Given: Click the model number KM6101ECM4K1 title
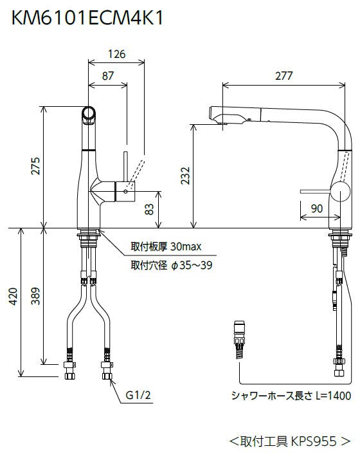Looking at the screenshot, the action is tap(87, 18).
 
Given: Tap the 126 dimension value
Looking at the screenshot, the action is tap(116, 54).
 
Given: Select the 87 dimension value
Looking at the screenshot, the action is tap(108, 76).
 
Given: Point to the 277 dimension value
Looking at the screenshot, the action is tap(283, 76).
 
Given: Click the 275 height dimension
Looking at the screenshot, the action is tap(36, 166).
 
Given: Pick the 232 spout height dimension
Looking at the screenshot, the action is tap(185, 176).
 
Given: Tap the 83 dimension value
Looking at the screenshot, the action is tap(149, 209).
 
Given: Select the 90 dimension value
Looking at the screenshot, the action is tap(317, 208).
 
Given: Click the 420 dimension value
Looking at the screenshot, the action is tap(14, 296).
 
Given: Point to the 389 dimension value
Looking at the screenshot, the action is tap(36, 296).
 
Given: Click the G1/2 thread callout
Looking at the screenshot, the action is tap(138, 395).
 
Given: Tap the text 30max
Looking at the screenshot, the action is tap(186, 246).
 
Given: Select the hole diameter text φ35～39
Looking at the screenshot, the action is tap(192, 265).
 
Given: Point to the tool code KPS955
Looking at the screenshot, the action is tap(314, 441).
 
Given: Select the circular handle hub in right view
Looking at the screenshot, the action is tap(340, 191).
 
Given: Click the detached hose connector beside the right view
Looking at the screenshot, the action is tap(240, 339).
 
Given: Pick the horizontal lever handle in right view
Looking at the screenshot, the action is tap(315, 191).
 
